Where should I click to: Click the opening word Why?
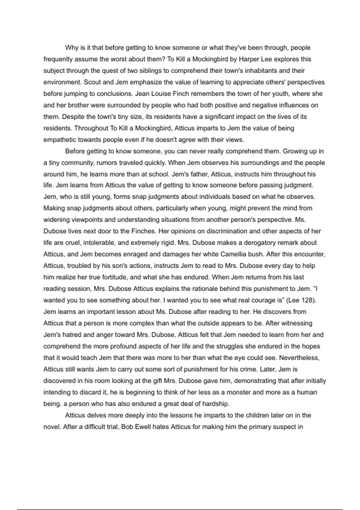point(71,48)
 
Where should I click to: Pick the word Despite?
point(72,117)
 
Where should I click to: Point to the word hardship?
point(215,404)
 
